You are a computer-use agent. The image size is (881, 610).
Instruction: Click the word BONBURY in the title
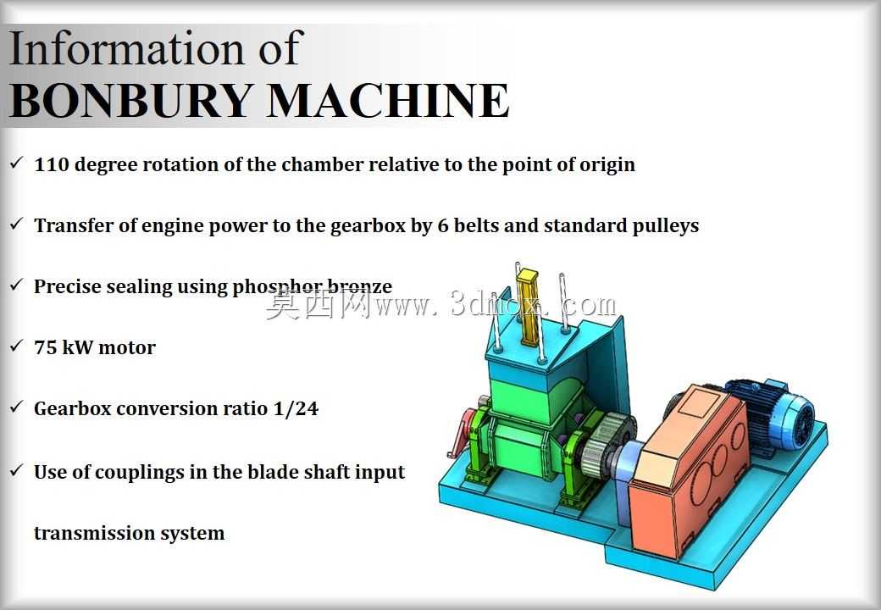130,101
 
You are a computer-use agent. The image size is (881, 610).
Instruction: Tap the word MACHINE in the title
388,101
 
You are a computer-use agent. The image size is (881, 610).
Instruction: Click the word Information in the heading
127,49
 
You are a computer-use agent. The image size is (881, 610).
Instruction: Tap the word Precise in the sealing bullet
67,286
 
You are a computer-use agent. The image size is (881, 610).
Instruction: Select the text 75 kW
63,347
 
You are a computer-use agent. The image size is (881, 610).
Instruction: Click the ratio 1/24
296,408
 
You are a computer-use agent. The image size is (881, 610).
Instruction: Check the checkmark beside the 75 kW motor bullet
17,346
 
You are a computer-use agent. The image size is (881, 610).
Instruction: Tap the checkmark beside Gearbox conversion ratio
17,406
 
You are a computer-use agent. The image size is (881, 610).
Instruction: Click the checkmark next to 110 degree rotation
17,163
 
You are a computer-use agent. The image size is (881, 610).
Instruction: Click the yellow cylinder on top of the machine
529,307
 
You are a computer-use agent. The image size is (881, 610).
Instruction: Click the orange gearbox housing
688,471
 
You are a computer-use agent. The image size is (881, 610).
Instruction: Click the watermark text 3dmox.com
533,305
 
